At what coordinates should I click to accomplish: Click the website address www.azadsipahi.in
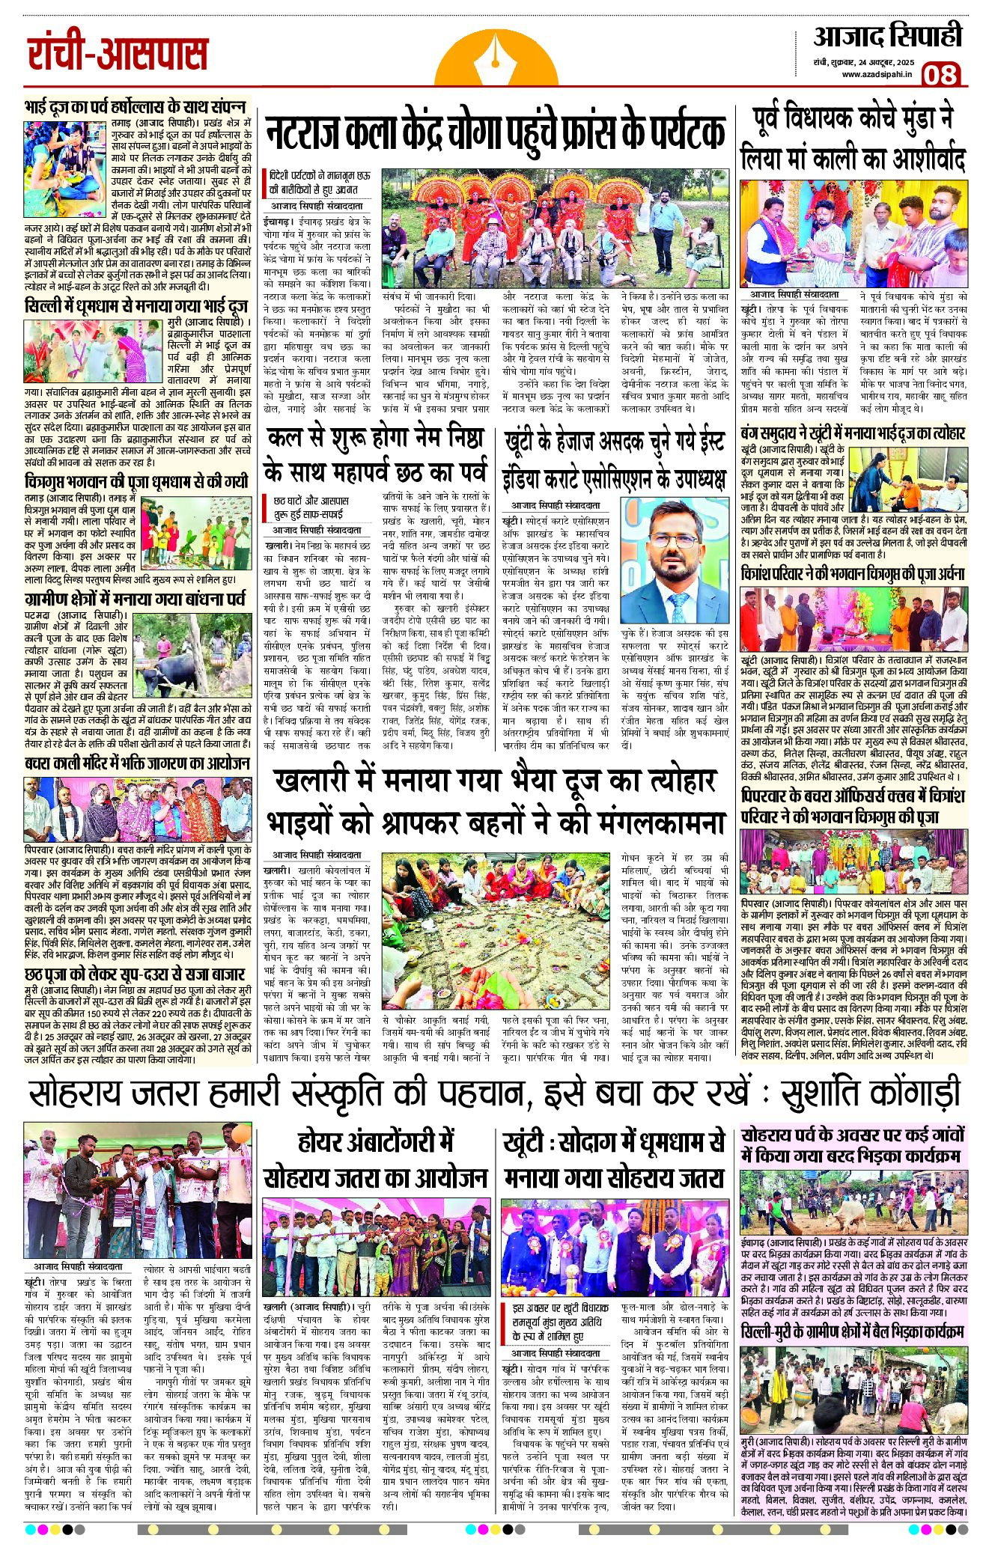pos(876,74)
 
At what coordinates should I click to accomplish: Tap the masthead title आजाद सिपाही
pos(887,36)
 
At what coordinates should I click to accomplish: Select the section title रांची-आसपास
pos(118,55)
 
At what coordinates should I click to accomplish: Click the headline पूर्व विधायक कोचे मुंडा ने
pos(853,138)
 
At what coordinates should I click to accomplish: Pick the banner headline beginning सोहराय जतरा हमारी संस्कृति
pos(494,1093)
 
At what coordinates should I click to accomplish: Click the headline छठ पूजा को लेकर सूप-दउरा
pos(135,974)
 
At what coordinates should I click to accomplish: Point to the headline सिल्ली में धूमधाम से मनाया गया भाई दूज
pos(136,306)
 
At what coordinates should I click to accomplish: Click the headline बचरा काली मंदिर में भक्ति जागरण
pos(136,763)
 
